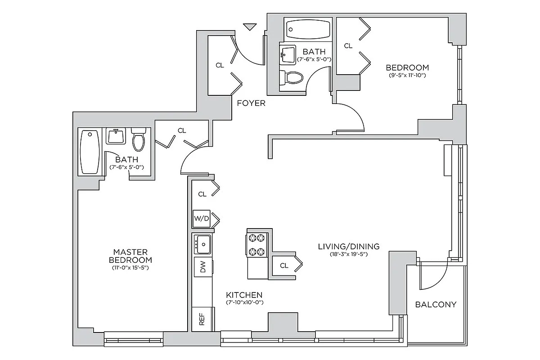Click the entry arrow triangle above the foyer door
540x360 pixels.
[x=249, y=27]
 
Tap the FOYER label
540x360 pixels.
[x=251, y=103]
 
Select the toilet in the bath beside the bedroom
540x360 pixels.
[x=290, y=78]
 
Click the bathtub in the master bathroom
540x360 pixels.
[x=90, y=152]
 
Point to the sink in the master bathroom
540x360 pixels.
[x=116, y=136]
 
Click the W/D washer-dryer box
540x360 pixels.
[x=202, y=219]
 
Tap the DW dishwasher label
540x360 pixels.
[x=202, y=269]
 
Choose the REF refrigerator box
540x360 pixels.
[x=202, y=319]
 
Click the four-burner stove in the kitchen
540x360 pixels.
[x=256, y=244]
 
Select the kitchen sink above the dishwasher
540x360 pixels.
[x=203, y=244]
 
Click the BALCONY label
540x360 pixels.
[x=435, y=305]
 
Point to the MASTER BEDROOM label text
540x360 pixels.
[x=130, y=256]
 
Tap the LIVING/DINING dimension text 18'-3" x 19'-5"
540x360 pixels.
[x=348, y=255]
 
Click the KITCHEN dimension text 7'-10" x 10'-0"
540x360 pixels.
[x=244, y=302]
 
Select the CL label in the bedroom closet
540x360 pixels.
[x=348, y=46]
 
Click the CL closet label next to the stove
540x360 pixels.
[x=283, y=265]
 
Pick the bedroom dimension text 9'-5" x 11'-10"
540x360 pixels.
[x=407, y=75]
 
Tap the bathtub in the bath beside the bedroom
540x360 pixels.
[x=308, y=30]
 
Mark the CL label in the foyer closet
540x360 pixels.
[x=220, y=65]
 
